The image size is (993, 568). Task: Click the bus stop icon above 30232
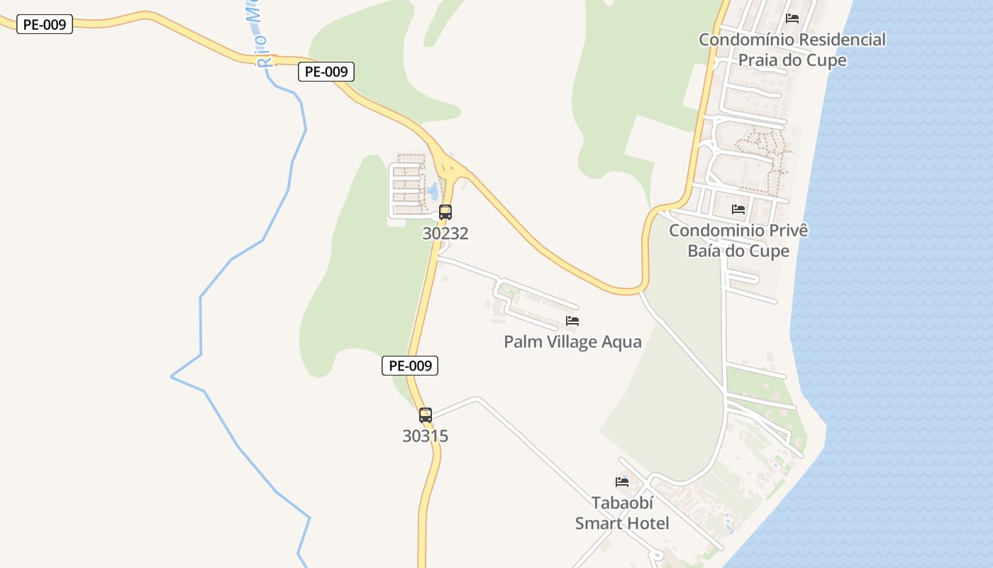(x=445, y=212)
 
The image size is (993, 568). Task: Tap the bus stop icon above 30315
(x=426, y=415)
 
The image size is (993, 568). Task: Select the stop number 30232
(x=445, y=234)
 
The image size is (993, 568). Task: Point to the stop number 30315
(x=426, y=436)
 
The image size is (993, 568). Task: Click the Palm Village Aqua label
(x=572, y=342)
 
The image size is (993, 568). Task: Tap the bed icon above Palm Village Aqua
(x=572, y=321)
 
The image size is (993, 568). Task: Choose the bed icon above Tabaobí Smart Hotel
(x=622, y=481)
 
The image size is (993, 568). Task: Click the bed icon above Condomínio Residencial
(x=792, y=18)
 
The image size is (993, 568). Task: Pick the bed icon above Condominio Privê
(x=738, y=209)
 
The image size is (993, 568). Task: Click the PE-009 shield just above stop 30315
(x=410, y=366)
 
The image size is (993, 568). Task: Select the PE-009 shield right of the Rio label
(x=326, y=72)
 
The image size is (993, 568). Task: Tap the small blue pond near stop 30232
(x=432, y=191)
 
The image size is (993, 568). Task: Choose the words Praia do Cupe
(x=792, y=60)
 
